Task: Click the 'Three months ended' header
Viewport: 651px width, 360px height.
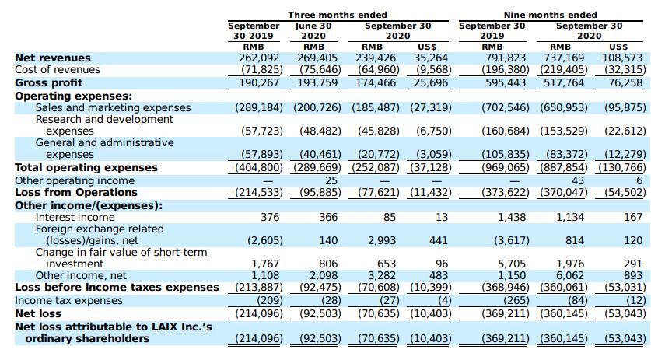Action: [x=338, y=15]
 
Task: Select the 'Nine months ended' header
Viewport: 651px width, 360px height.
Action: [x=551, y=15]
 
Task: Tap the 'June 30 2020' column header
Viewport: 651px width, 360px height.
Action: [x=313, y=31]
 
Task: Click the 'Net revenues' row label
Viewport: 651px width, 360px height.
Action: [x=53, y=58]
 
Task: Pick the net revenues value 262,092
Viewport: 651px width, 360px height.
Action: [x=259, y=58]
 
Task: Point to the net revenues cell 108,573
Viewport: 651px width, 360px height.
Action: [x=622, y=58]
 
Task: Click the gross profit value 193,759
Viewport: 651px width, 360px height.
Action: [x=317, y=82]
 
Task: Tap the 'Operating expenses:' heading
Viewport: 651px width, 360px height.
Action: [x=73, y=96]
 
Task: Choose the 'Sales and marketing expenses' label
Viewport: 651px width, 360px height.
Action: [x=113, y=107]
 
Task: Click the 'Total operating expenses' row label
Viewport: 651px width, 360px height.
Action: [x=86, y=167]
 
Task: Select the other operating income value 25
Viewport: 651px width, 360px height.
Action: [x=331, y=180]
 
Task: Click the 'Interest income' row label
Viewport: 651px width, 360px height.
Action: [x=75, y=217]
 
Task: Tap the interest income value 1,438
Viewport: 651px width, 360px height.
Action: [x=512, y=217]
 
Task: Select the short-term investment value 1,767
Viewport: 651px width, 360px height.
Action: [x=266, y=264]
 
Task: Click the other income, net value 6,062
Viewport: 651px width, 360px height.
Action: [x=570, y=275]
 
